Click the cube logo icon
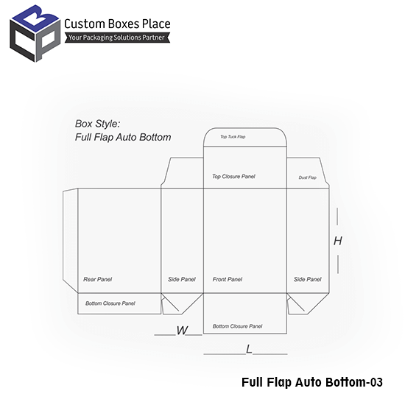pos(35,34)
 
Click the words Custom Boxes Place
pos(117,24)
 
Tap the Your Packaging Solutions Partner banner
pos(117,38)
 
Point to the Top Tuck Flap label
pos(233,137)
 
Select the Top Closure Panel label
pos(233,177)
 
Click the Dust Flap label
pos(307,177)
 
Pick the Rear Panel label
pos(98,279)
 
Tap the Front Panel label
pos(228,279)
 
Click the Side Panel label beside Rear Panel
pos(182,279)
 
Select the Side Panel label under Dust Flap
pos(307,279)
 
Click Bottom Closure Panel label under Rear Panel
pos(110,303)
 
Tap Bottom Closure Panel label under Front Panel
pos(237,326)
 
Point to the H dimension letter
pos(338,241)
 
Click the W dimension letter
pos(182,331)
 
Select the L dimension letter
pos(249,349)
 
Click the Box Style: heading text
pos(98,124)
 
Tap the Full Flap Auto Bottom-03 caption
pos(312,382)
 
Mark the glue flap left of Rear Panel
pos(70,240)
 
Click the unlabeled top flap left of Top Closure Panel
pos(183,173)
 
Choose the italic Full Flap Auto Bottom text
pos(123,137)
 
